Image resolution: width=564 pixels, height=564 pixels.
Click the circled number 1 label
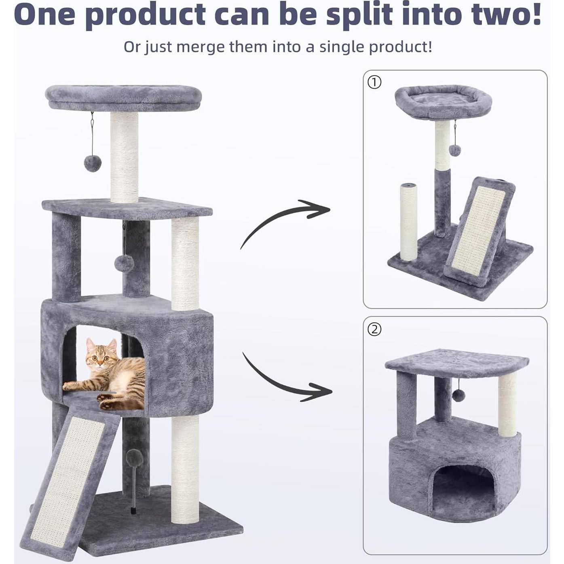(x=374, y=82)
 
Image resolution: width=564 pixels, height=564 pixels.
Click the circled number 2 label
(x=374, y=330)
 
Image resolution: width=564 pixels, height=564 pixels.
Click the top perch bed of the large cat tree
(x=123, y=97)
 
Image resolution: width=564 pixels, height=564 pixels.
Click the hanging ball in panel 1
(x=455, y=150)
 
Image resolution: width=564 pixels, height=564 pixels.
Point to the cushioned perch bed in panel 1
(x=443, y=101)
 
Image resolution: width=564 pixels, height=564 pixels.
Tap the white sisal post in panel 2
(x=507, y=404)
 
